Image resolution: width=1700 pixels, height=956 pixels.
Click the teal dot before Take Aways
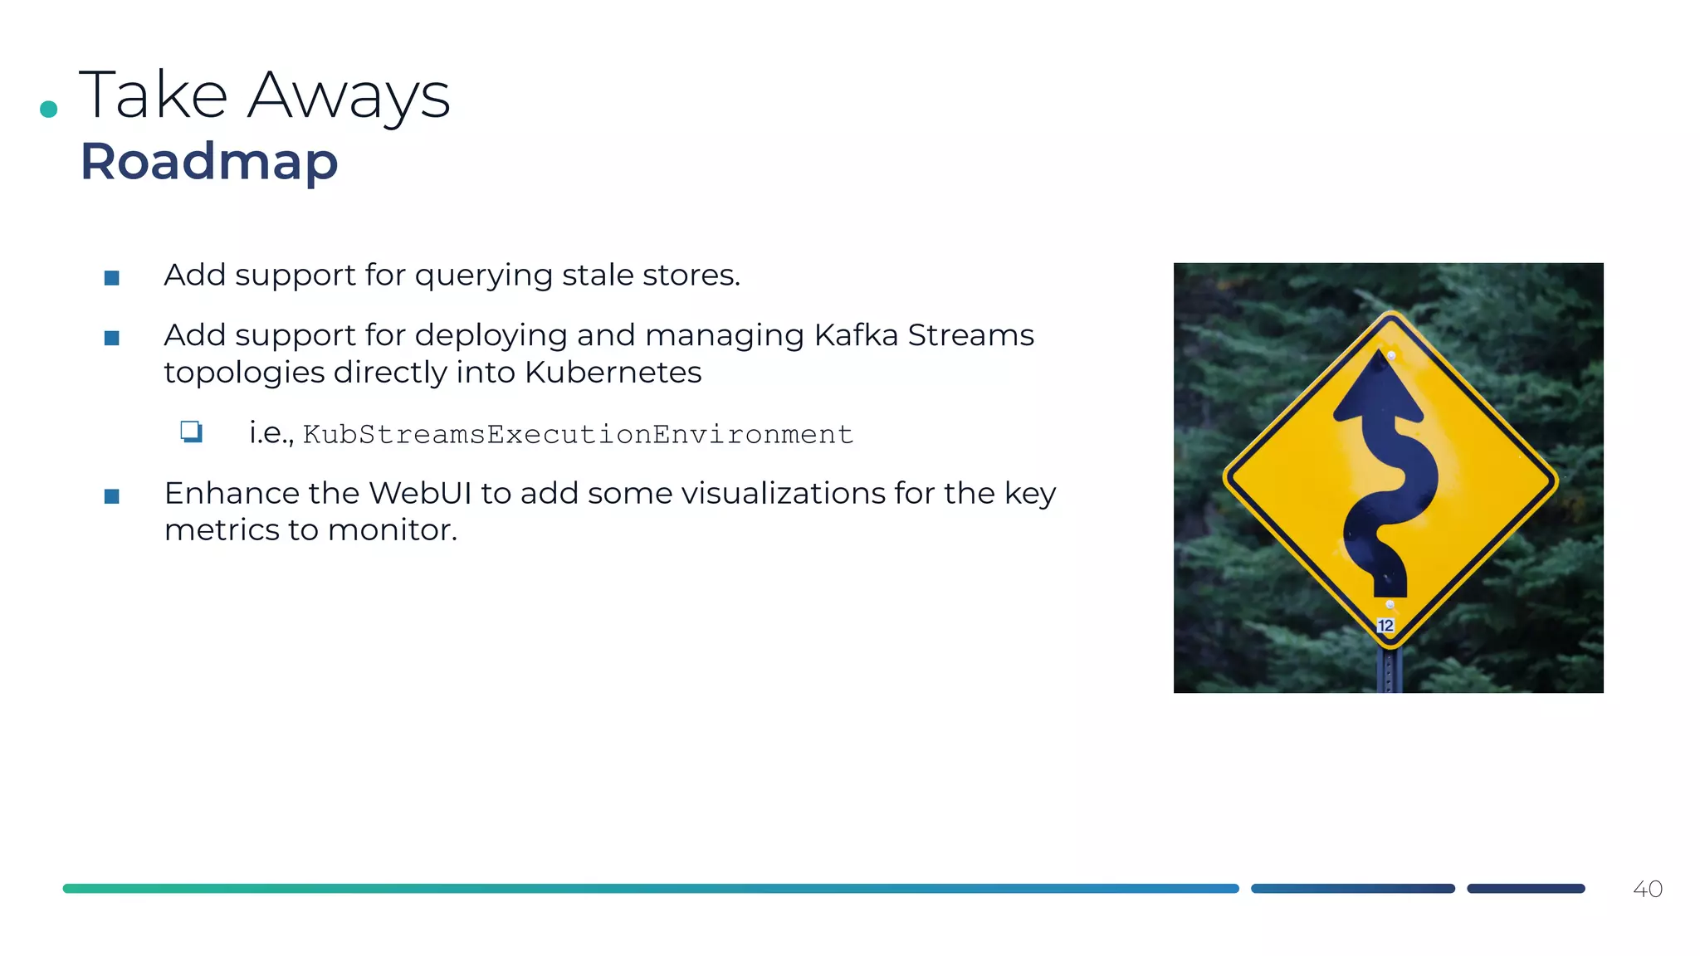pos(49,109)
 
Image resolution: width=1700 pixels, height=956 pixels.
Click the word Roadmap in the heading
pos(209,161)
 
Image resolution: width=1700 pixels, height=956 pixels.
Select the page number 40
pos(1647,889)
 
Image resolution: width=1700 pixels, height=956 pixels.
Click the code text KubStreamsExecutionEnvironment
pos(578,434)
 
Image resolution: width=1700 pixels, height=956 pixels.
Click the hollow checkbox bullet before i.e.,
pos(192,432)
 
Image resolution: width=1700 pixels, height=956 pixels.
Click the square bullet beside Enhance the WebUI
pos(112,496)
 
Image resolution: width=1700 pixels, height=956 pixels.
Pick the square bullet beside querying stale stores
pos(112,278)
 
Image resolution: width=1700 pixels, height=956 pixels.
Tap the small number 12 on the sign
pos(1385,626)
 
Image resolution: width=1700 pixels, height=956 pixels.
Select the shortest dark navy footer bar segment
pos(1526,889)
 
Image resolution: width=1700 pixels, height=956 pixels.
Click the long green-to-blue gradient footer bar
pos(650,889)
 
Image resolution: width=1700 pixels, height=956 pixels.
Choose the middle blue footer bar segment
pos(1352,889)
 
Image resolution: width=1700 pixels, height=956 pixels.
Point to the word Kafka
pos(856,335)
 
